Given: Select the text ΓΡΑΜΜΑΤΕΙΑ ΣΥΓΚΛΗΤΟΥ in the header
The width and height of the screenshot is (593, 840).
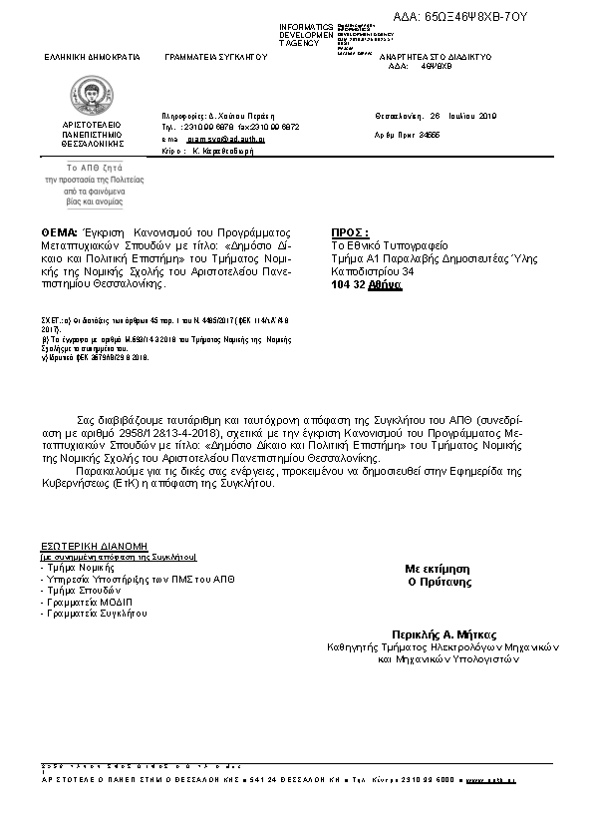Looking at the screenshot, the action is click(x=216, y=58).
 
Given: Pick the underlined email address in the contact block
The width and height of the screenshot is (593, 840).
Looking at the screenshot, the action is click(x=229, y=140).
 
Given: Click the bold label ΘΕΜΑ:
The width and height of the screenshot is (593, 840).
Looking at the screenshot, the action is click(x=60, y=231).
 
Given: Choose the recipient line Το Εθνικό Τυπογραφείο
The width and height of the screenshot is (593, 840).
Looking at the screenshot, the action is click(x=390, y=244).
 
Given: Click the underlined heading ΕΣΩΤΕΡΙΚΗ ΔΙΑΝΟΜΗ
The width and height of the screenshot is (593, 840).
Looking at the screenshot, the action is click(x=94, y=547).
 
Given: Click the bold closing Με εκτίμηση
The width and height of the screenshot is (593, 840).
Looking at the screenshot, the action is click(x=438, y=567).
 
